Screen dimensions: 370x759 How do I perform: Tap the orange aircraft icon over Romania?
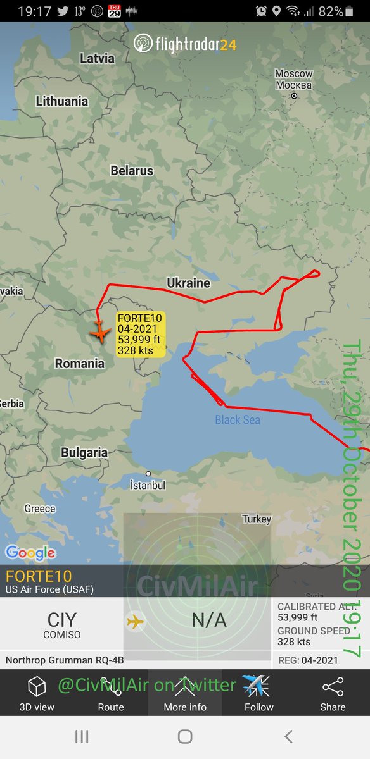(x=99, y=331)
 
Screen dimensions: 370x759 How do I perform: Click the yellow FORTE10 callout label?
(x=140, y=335)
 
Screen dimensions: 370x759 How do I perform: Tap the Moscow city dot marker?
(x=294, y=96)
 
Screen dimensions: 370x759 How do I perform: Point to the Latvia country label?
(x=97, y=58)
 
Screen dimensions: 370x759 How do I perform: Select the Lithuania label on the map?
(x=62, y=101)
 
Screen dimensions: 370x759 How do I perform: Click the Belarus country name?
(x=132, y=171)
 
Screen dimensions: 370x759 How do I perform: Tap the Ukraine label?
(x=188, y=283)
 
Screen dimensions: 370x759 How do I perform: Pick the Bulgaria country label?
(x=84, y=453)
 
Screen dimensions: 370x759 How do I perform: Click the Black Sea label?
(x=238, y=419)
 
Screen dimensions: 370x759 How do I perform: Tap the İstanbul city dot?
(x=148, y=474)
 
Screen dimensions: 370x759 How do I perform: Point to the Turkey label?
(x=257, y=519)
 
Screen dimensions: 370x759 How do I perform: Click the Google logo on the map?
(x=30, y=553)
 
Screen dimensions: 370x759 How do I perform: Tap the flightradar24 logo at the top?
(x=185, y=44)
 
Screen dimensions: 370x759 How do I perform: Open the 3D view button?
(x=37, y=693)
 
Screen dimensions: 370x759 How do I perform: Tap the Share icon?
(x=333, y=693)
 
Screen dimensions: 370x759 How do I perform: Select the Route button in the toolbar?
(x=111, y=693)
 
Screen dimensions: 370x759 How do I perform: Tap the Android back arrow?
(x=289, y=736)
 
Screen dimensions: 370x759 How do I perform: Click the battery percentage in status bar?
(x=331, y=11)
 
